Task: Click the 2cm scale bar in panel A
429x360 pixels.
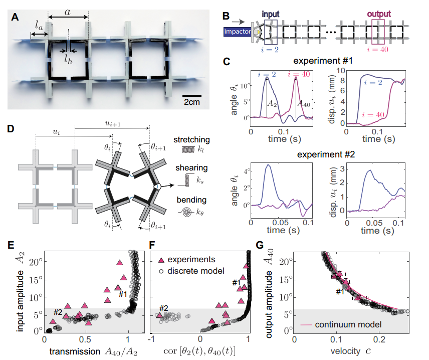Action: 192,95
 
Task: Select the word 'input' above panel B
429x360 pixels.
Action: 271,15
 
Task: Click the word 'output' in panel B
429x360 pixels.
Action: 370,15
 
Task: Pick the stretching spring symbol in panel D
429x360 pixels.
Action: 188,149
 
